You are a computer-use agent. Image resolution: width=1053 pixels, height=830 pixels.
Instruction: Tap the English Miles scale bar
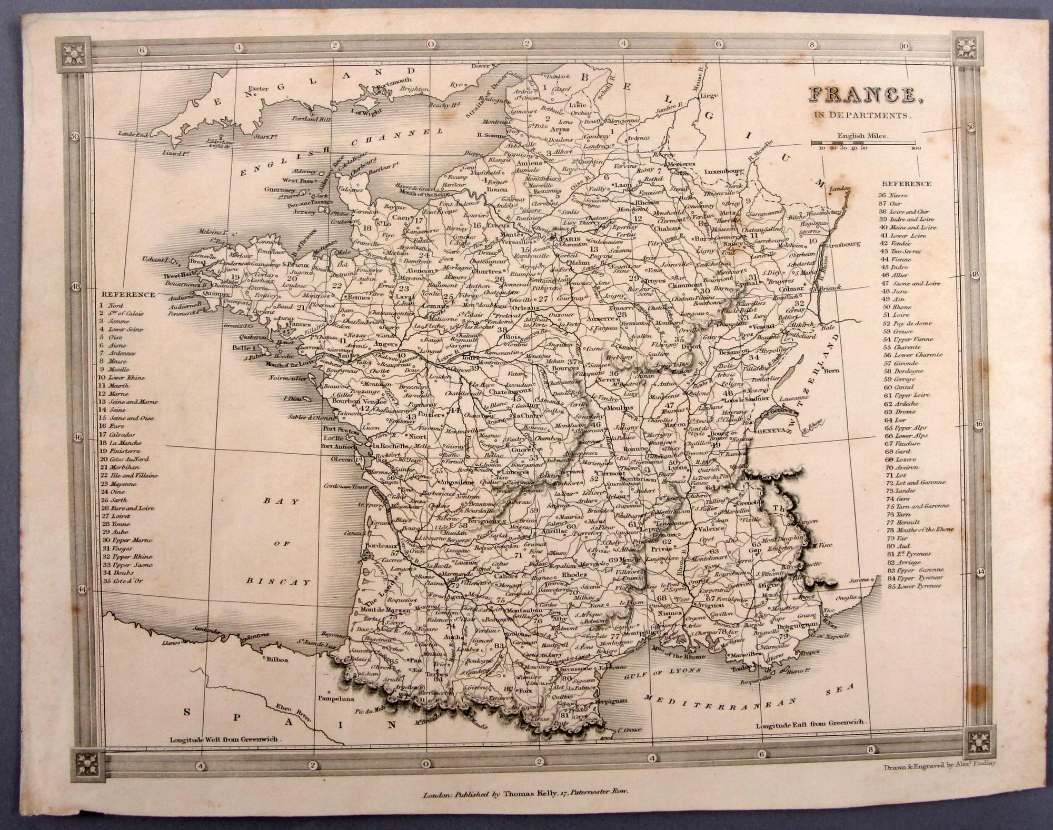pyautogui.click(x=863, y=142)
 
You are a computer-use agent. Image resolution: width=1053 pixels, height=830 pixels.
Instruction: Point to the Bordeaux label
pyautogui.click(x=372, y=546)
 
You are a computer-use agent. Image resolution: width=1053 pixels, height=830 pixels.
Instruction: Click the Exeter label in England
pyautogui.click(x=259, y=88)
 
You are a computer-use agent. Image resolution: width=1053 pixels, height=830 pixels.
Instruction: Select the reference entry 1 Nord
pyautogui.click(x=112, y=305)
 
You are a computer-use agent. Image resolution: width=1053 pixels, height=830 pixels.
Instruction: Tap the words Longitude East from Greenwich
pyautogui.click(x=810, y=724)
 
